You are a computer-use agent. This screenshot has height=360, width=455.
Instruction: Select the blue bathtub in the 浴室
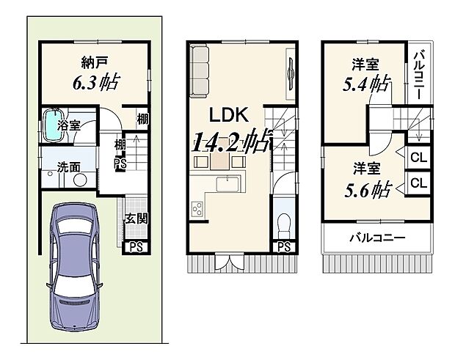[52, 125]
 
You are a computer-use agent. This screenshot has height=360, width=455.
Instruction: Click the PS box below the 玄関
[135, 247]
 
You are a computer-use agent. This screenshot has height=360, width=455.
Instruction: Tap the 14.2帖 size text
[228, 142]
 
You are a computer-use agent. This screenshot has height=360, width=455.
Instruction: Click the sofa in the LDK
[200, 71]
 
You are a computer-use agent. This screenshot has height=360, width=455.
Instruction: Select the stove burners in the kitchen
[198, 210]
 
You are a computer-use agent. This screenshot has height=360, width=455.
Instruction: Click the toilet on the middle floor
[285, 221]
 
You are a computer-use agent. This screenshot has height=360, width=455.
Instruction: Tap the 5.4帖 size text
[365, 84]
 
